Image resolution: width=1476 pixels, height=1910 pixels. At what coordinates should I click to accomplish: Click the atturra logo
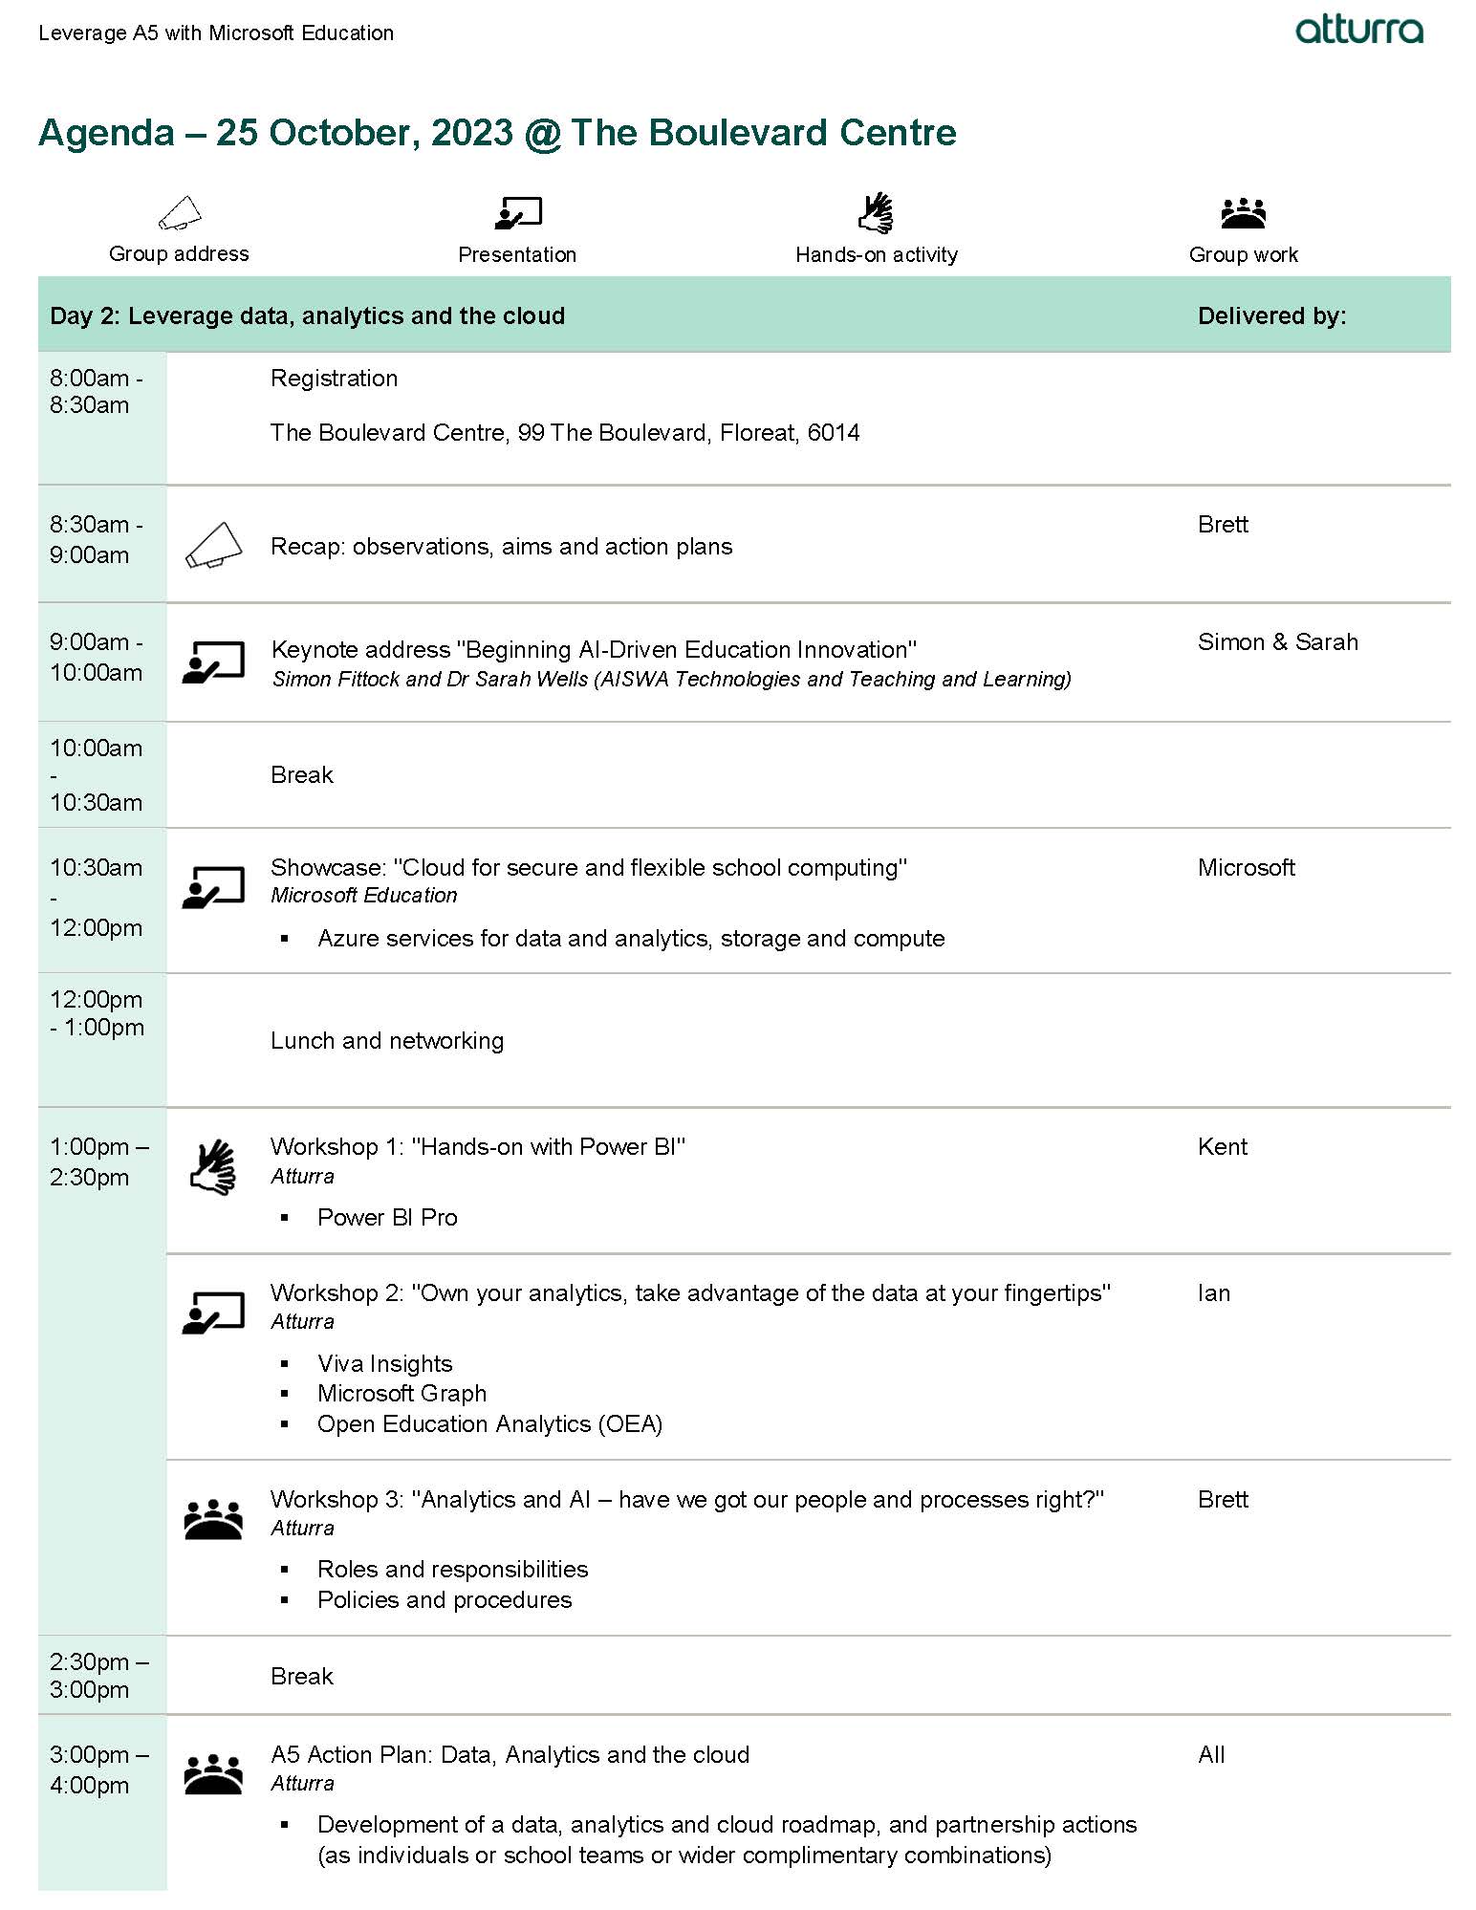pos(1358,31)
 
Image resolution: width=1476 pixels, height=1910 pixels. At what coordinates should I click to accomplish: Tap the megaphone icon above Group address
pos(180,213)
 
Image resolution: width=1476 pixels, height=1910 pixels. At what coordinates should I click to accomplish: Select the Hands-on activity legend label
pos(876,254)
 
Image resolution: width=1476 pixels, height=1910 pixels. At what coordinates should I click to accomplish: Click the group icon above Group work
pos(1243,212)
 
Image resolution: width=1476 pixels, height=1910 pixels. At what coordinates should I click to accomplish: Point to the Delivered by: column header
pos(1271,315)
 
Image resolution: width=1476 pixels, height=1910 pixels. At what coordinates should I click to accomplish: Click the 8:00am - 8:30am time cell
pos(96,392)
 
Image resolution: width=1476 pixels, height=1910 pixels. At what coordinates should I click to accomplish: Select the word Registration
pos(334,379)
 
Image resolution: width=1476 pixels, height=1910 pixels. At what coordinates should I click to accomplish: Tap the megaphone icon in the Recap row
pos(213,545)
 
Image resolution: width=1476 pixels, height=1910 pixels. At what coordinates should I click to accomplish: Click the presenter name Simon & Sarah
pos(1277,642)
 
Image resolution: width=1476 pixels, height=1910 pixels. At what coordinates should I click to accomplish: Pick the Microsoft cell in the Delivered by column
pos(1246,867)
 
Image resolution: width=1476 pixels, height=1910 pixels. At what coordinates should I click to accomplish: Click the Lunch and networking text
pos(386,1040)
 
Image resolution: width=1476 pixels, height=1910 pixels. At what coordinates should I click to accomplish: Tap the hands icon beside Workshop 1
pos(213,1166)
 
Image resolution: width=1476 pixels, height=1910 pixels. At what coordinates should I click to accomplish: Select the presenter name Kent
pos(1222,1146)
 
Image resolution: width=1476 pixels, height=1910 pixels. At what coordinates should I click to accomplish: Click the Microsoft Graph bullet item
pos(402,1394)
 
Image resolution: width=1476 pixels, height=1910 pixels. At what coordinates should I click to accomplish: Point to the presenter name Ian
pos(1213,1292)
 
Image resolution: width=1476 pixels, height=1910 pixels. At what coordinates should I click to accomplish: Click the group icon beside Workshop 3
pos(213,1518)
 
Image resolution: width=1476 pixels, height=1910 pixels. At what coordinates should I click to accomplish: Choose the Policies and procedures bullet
pos(445,1599)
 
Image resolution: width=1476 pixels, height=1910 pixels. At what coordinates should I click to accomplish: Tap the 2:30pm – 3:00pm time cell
pos(98,1675)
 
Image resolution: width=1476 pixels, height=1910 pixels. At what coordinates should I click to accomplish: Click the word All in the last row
pos(1210,1754)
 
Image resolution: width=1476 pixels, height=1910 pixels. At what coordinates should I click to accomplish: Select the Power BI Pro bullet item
pos(387,1217)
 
